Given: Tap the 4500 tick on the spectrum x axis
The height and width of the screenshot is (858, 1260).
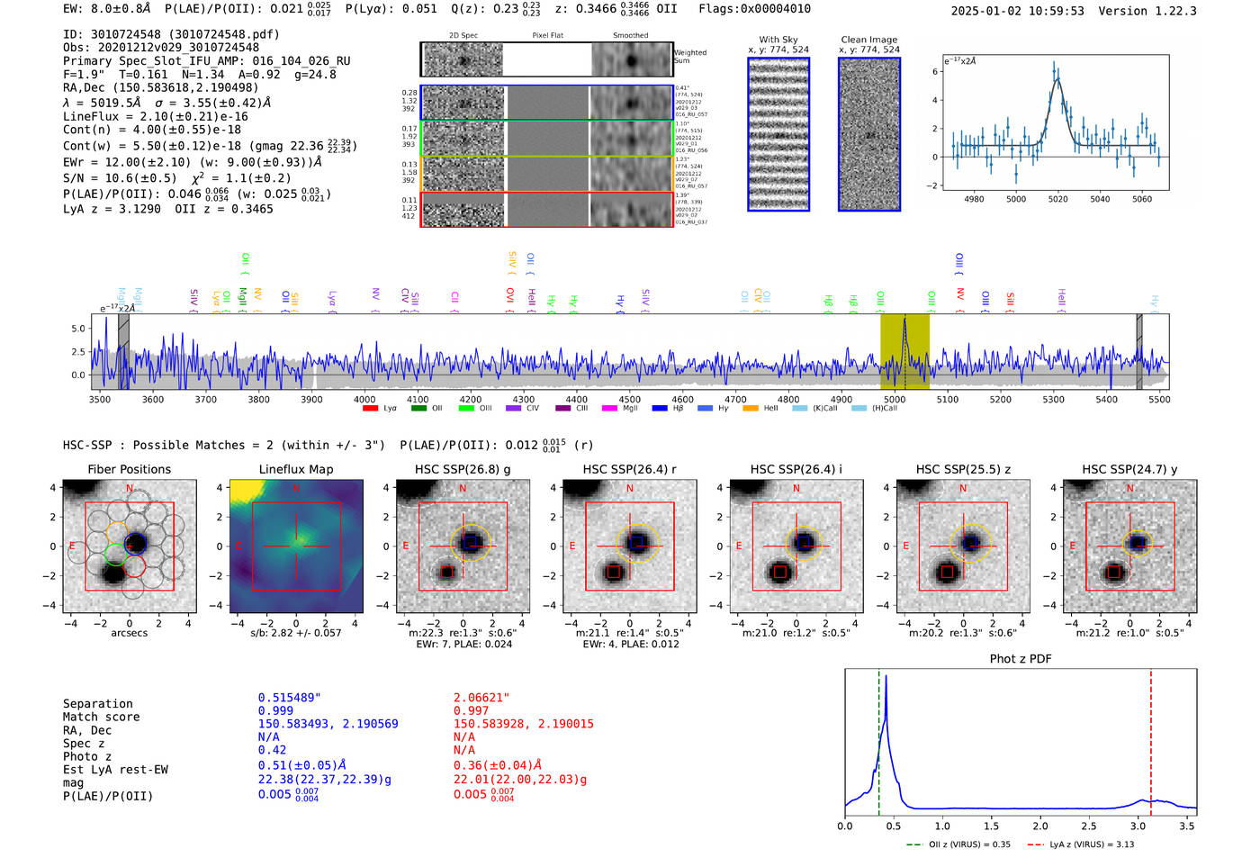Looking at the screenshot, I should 630,399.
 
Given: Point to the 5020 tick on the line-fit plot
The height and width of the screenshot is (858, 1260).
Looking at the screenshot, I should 1057,199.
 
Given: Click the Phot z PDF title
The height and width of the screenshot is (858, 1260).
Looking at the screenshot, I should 1021,659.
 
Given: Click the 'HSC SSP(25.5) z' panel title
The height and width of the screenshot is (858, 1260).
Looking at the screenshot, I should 962,469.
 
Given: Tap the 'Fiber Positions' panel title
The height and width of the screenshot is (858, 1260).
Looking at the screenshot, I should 129,469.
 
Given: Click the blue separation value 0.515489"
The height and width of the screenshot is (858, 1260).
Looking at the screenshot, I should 289,698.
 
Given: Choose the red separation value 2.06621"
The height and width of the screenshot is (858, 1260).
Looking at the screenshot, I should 481,698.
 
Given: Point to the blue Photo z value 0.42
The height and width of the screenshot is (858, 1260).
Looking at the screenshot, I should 272,750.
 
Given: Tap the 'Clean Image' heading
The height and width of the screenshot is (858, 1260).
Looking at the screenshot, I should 868,40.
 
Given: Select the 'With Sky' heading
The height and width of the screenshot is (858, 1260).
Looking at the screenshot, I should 778,40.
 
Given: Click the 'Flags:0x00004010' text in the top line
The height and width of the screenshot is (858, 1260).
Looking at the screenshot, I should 754,9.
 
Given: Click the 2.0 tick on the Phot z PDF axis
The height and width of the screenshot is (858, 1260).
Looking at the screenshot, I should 1040,826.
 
